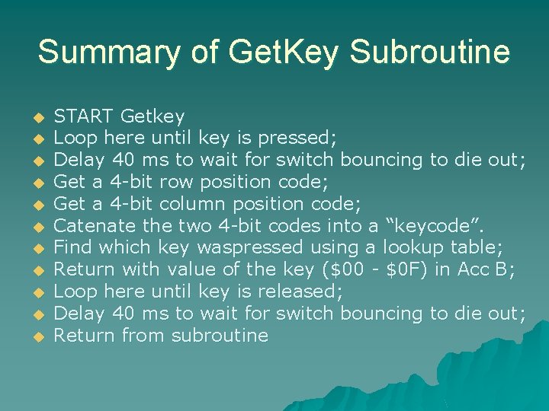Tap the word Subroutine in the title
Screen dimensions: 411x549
[430, 53]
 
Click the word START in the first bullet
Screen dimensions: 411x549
[84, 116]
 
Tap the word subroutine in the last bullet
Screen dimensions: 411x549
[220, 336]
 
